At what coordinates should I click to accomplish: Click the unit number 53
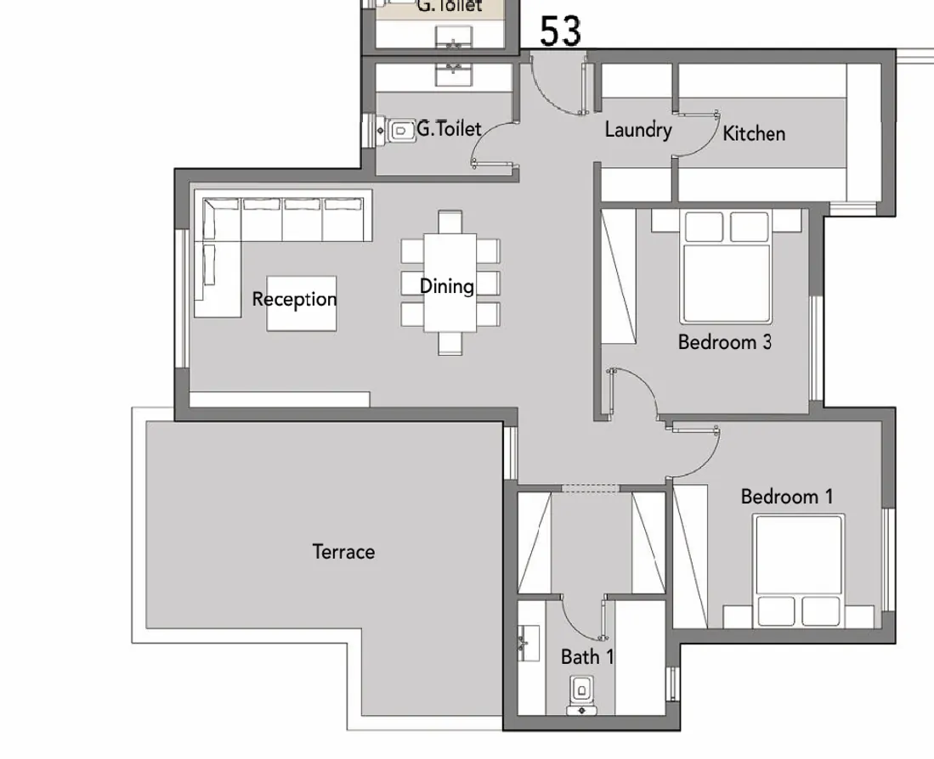560,31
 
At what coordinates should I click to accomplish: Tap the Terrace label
343,552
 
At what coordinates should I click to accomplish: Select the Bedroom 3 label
724,342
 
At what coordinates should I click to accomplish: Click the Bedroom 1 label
786,497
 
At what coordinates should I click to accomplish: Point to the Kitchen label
754,133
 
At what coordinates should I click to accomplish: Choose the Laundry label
637,130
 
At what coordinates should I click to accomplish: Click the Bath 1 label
586,656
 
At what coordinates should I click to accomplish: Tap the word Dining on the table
446,286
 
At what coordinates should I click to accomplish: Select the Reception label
294,299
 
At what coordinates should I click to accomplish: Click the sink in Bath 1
528,645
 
